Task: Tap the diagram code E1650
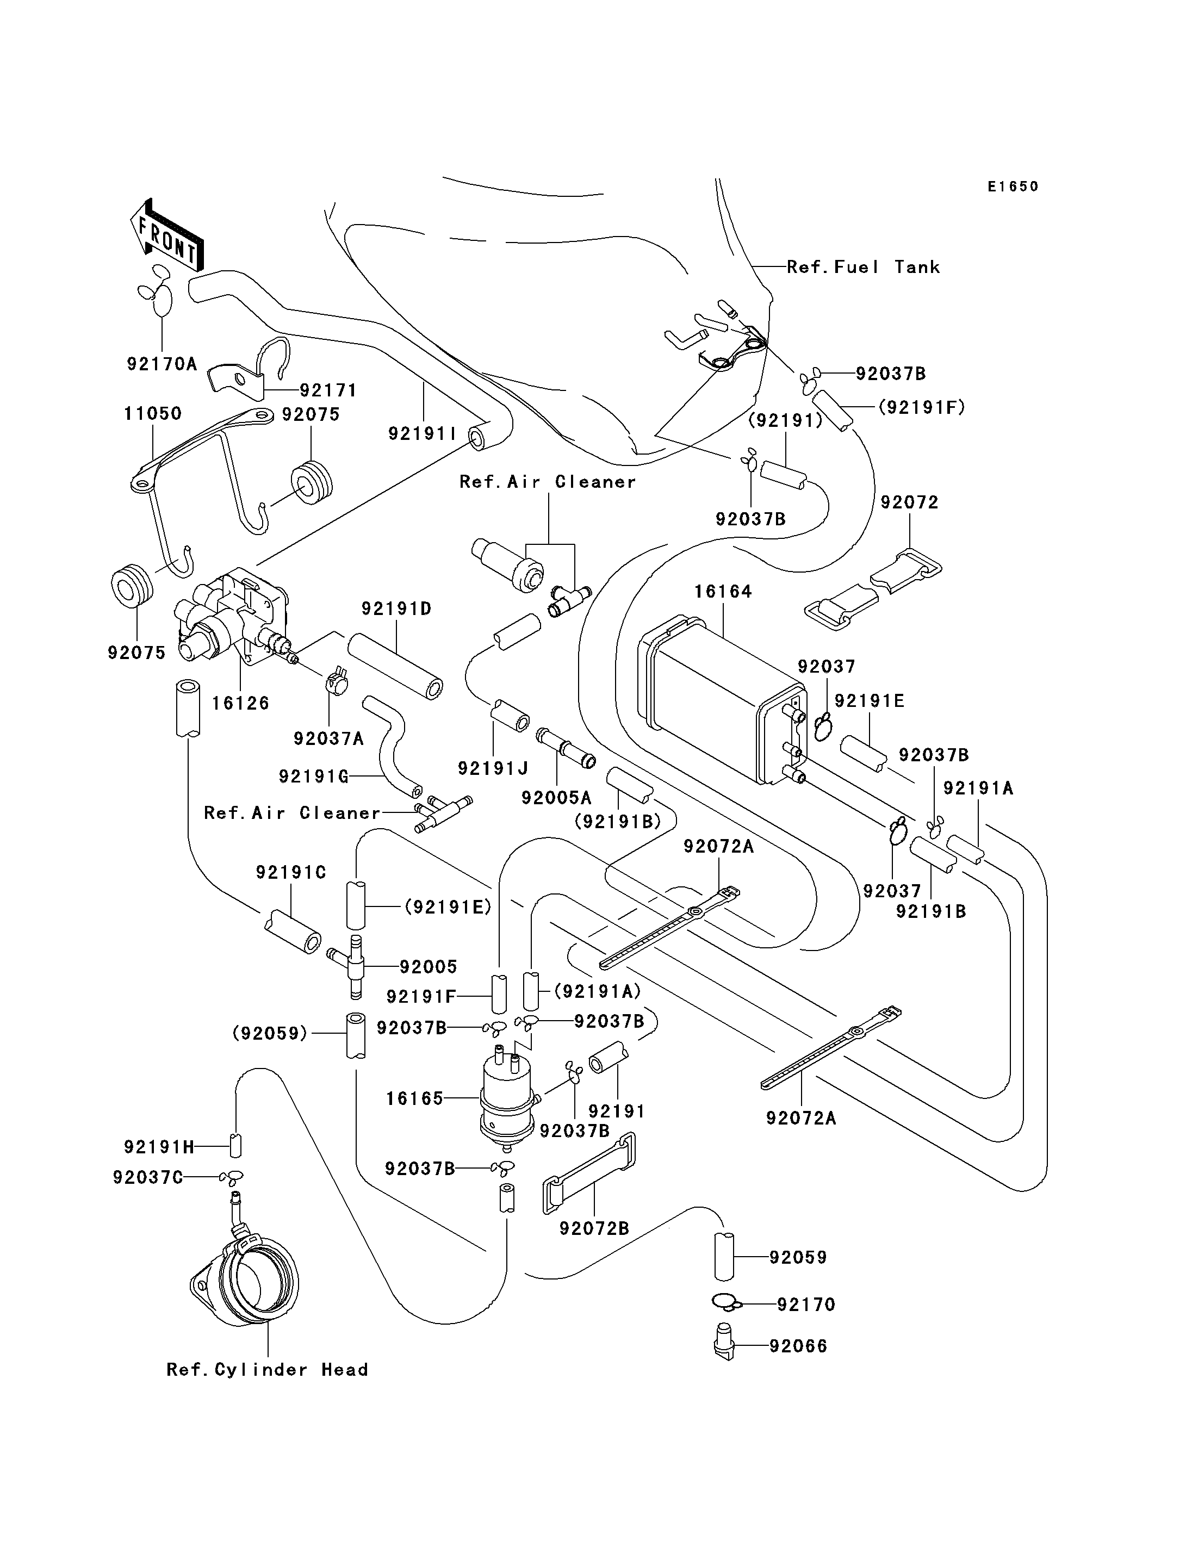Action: click(1013, 187)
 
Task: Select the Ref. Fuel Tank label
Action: click(864, 267)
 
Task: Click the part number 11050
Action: click(153, 413)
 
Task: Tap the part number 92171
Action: click(328, 390)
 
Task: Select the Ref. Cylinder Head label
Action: click(268, 1370)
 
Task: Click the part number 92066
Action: click(798, 1346)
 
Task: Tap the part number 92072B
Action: click(594, 1228)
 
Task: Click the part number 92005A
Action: click(556, 798)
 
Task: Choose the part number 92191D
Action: click(396, 609)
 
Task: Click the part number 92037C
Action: click(147, 1177)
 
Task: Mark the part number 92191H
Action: click(159, 1147)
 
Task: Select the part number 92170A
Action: click(162, 364)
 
